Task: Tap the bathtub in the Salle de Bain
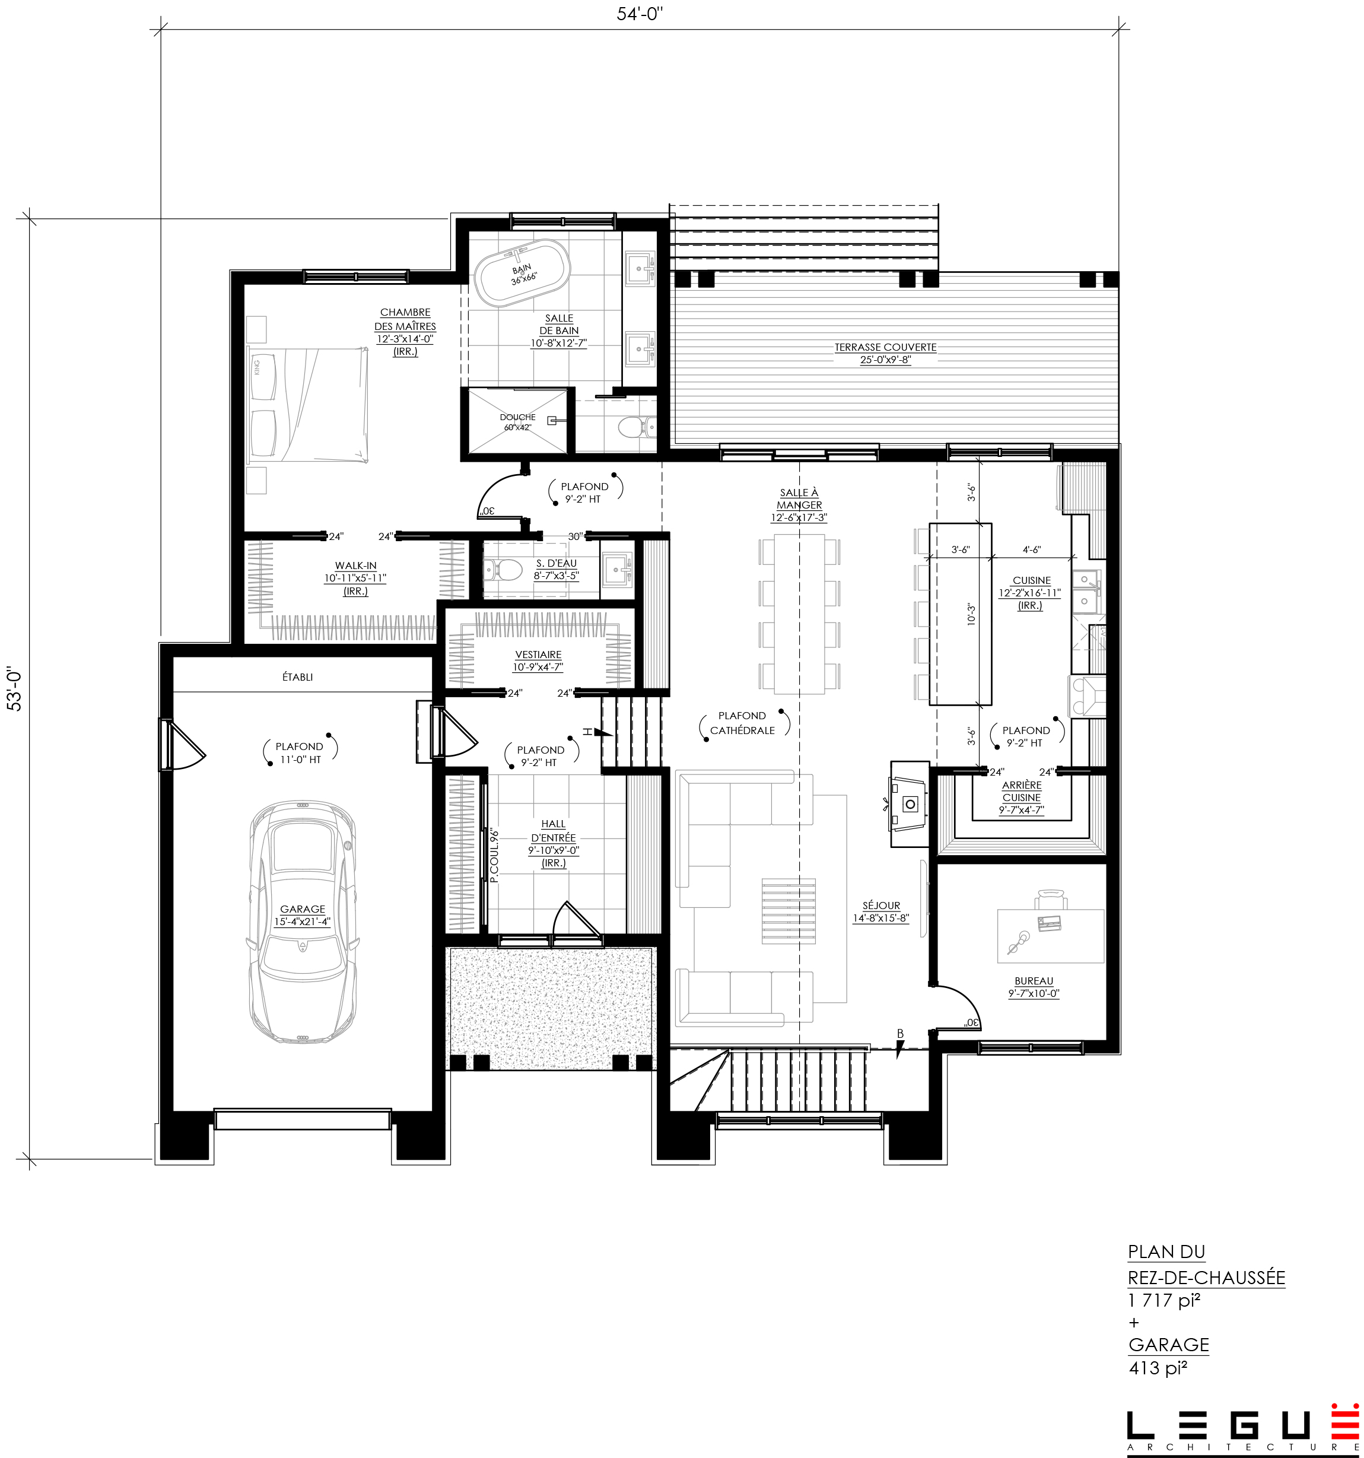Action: tap(520, 277)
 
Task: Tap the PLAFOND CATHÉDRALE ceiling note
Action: tap(742, 722)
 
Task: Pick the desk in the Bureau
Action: tap(1050, 935)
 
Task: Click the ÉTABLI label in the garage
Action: tap(298, 677)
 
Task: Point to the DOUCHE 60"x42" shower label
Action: tap(518, 422)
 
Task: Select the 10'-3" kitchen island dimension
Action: tap(972, 614)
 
